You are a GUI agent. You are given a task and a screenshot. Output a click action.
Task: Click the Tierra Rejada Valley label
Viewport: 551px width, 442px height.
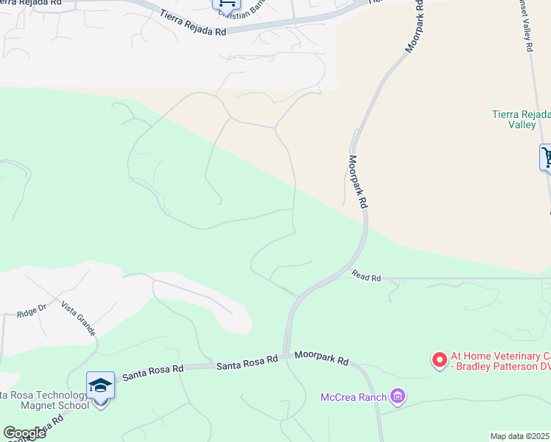[521, 119]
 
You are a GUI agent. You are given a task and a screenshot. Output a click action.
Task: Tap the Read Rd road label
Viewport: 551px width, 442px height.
[366, 277]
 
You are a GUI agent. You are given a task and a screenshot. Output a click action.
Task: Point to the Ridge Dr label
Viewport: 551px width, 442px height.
[32, 312]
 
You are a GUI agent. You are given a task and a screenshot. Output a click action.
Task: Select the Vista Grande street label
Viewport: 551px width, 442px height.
[79, 318]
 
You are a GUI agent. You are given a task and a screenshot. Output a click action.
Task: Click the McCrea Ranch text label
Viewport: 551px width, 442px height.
[354, 398]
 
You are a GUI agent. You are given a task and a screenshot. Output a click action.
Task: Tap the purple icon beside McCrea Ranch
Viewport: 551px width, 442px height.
[399, 397]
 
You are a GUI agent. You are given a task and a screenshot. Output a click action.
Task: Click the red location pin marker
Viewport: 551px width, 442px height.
[440, 359]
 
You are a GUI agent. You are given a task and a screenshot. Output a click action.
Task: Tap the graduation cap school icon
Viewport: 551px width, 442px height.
[100, 385]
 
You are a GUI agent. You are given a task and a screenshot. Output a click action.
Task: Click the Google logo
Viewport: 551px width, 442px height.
[24, 433]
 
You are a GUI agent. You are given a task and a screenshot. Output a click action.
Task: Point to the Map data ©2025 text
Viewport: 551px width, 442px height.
[519, 436]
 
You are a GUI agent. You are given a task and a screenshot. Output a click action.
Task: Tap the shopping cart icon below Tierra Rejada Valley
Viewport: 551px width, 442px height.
[547, 156]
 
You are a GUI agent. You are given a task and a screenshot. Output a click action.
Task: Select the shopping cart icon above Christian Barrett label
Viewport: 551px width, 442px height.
[225, 3]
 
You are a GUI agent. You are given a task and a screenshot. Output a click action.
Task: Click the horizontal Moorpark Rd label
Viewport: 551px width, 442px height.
[321, 359]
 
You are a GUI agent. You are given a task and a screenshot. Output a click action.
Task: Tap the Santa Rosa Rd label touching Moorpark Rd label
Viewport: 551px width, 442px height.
[247, 362]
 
